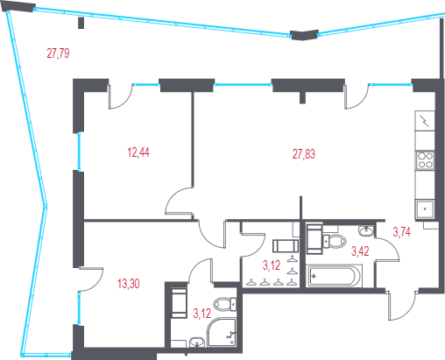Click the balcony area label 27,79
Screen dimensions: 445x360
(x=58, y=53)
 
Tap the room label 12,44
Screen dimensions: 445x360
(x=138, y=152)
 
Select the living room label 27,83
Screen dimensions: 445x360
(x=304, y=154)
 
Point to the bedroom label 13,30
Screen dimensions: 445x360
(x=129, y=284)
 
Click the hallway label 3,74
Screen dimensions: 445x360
(x=402, y=232)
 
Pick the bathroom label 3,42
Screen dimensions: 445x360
(x=360, y=251)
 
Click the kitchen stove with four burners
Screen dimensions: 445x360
(x=425, y=160)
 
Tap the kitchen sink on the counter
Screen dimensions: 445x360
(x=425, y=209)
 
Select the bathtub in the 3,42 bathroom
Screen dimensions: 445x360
(x=334, y=276)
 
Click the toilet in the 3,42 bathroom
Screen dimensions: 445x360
(x=335, y=241)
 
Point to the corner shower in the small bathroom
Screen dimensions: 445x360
(x=222, y=333)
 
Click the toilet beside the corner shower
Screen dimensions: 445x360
(x=225, y=304)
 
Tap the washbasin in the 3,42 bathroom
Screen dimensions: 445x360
(x=366, y=230)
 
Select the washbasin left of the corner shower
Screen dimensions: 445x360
(x=197, y=342)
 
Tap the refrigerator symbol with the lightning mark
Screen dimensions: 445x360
(x=425, y=121)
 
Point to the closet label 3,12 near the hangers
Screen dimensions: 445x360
(x=272, y=265)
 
